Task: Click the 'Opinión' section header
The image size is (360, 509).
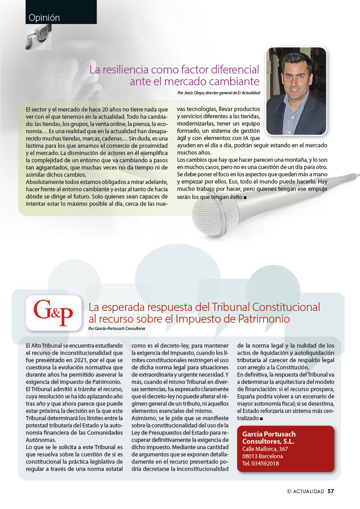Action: (x=44, y=18)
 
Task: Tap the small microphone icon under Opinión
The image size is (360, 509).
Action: (x=39, y=37)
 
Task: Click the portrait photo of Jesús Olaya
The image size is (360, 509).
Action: (x=296, y=91)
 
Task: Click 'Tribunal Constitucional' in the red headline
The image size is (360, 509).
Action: (x=263, y=307)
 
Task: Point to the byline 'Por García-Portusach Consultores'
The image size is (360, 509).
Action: (x=120, y=328)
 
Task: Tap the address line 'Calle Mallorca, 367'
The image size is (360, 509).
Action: (x=265, y=449)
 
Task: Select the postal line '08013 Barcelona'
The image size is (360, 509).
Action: (x=263, y=456)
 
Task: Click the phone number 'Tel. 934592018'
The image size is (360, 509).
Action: (x=261, y=463)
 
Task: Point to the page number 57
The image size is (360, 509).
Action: (x=331, y=491)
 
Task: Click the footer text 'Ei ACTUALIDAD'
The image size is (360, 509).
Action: (x=306, y=491)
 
